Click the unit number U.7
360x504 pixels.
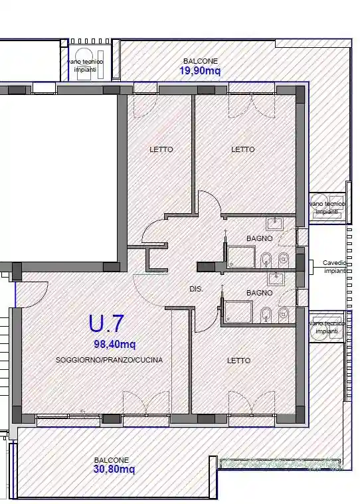click(x=106, y=323)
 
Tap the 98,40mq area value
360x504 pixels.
click(x=115, y=344)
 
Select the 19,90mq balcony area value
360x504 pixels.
click(x=200, y=70)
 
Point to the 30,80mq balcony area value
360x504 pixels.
click(x=114, y=469)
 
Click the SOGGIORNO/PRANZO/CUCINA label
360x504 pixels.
click(x=109, y=360)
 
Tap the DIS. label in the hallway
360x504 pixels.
click(x=196, y=289)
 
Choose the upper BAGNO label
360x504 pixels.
click(x=259, y=238)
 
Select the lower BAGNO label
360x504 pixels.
click(x=259, y=293)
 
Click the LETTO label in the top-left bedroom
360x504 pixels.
click(x=161, y=150)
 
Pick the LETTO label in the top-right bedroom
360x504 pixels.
click(x=242, y=150)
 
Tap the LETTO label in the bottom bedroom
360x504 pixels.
click(x=238, y=361)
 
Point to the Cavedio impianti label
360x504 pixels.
click(x=334, y=267)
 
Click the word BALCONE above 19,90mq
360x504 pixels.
click(x=200, y=61)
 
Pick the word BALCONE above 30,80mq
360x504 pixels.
click(x=111, y=460)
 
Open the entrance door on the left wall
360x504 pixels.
click(x=30, y=292)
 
